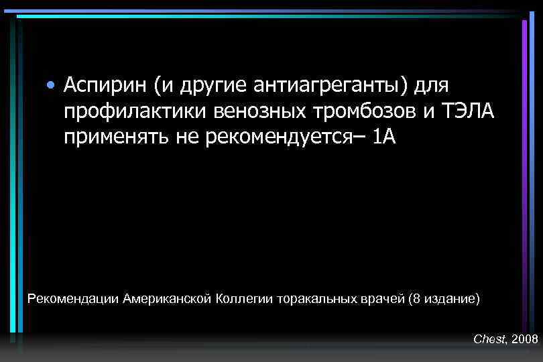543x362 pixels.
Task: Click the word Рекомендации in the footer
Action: click(x=74, y=298)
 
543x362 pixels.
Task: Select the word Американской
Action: click(x=167, y=298)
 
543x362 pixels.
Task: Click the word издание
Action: click(x=450, y=298)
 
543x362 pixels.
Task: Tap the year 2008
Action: click(x=524, y=340)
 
